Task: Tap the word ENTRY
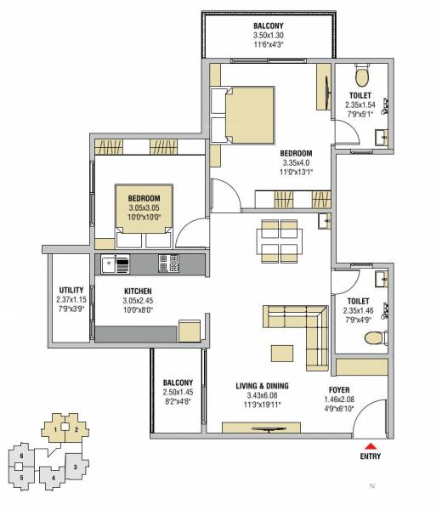(x=370, y=456)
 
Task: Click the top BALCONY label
(x=266, y=25)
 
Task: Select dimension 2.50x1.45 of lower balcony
(x=178, y=392)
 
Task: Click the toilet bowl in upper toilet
(x=361, y=80)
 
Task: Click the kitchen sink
(x=110, y=263)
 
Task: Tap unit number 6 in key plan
(x=21, y=456)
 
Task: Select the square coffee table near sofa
(x=281, y=352)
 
